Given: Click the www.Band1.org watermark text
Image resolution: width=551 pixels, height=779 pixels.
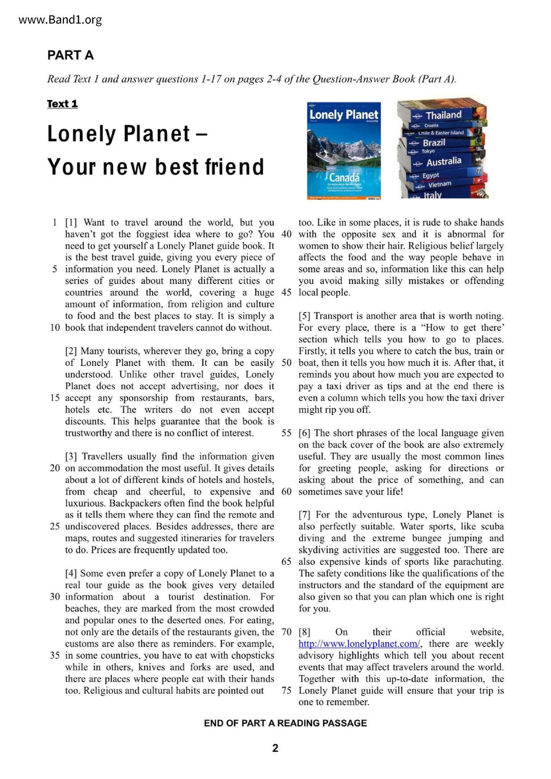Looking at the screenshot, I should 60,20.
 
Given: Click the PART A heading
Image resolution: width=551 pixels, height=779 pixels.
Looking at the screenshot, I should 70,55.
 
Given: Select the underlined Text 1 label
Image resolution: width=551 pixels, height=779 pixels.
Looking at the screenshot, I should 62,104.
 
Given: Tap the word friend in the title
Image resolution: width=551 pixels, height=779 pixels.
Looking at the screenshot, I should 234,167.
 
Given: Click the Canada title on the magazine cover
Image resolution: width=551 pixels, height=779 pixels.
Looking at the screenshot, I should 344,178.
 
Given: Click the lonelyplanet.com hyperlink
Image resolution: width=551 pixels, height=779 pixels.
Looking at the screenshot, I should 359,644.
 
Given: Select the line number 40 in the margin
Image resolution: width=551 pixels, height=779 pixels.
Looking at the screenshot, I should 286,234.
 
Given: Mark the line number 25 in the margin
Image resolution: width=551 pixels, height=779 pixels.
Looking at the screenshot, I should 55,526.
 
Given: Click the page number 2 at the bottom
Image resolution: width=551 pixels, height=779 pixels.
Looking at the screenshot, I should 275,748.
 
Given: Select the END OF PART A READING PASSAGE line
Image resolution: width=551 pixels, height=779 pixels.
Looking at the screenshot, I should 285,723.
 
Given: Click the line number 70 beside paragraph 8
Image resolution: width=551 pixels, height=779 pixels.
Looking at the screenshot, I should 286,632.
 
